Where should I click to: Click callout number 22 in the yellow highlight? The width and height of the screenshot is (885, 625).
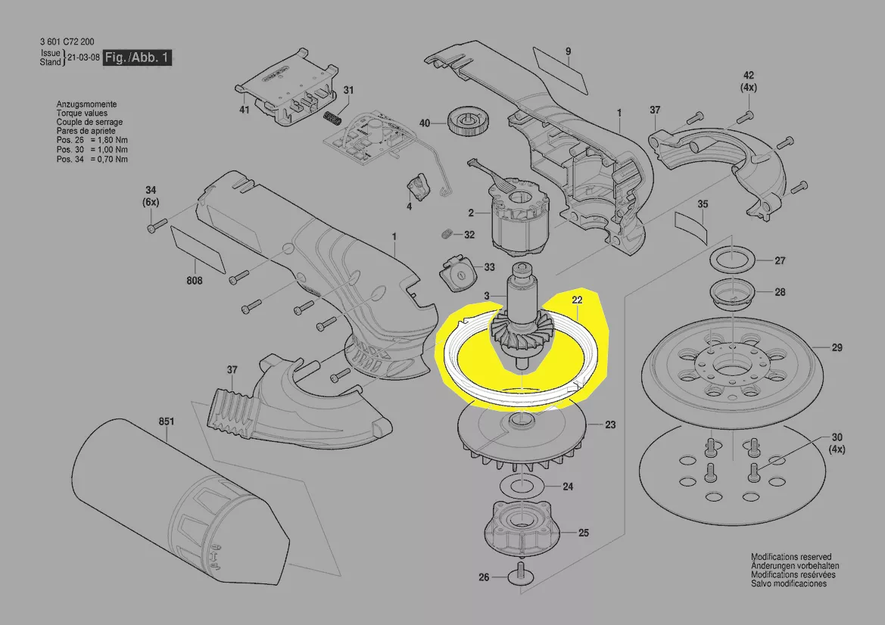577,300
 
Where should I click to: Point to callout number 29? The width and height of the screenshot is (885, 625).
837,348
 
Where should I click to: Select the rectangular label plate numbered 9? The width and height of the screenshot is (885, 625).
559,67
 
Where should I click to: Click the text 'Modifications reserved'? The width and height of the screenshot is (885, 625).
790,557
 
